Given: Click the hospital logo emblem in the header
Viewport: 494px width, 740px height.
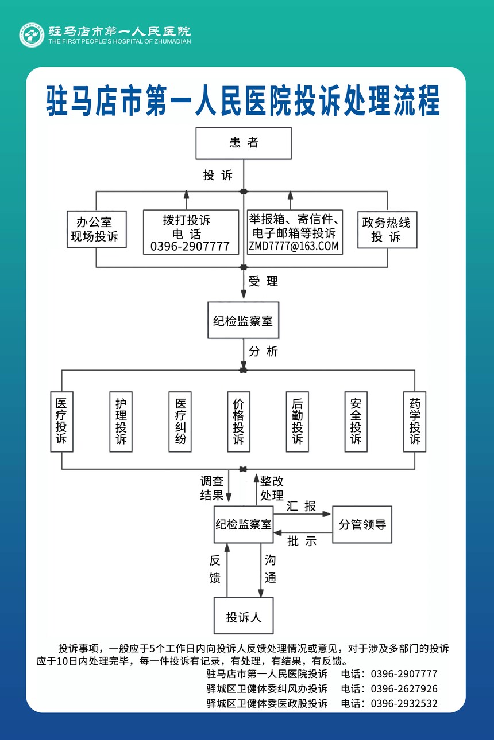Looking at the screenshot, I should coord(32,35).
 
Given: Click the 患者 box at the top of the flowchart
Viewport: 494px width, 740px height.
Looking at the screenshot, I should coord(244,143).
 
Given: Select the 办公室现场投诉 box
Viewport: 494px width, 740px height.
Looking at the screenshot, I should coord(97,229).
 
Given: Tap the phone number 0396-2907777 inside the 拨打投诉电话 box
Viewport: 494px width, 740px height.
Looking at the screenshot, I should coord(190,247).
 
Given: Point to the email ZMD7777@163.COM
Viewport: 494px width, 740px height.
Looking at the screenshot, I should coord(294,247).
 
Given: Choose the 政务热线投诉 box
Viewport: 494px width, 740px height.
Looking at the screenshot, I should coord(387,229).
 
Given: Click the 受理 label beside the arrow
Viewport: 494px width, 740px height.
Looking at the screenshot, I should coord(263,281).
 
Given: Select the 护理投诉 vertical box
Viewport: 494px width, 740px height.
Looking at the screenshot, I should coord(121,421).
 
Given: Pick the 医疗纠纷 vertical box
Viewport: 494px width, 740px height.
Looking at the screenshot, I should coord(180,421).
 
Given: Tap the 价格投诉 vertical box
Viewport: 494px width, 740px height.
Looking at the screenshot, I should coord(238,421).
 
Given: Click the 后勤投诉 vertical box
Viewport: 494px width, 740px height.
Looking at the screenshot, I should coord(297,421).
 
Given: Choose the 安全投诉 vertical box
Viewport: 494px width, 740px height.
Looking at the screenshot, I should coord(356,421).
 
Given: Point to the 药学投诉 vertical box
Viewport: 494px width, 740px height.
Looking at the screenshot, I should coord(415,421).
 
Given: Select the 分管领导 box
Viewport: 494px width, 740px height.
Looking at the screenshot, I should coord(362,524).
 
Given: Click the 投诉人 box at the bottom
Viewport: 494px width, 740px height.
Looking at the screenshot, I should coord(244,617).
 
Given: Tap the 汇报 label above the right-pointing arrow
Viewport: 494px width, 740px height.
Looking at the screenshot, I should coord(302,506).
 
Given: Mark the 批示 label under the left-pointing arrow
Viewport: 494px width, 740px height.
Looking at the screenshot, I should coord(302,541).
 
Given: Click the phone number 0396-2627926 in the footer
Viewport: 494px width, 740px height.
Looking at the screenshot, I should coord(404,688).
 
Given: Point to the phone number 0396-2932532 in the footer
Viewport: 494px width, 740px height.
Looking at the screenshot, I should coord(404,703).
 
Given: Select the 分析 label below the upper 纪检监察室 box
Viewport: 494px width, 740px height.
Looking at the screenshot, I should coord(263,351).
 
